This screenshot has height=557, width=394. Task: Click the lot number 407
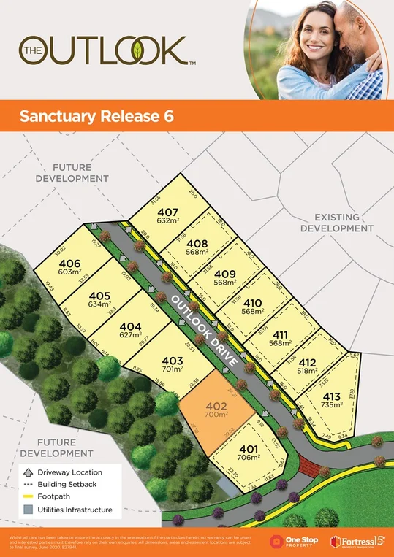click(167, 212)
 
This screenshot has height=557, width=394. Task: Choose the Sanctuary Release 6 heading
click(96, 117)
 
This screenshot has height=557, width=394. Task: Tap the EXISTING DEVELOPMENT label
click(344, 223)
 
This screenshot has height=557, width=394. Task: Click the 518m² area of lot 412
click(308, 370)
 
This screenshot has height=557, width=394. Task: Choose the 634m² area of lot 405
click(99, 304)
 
